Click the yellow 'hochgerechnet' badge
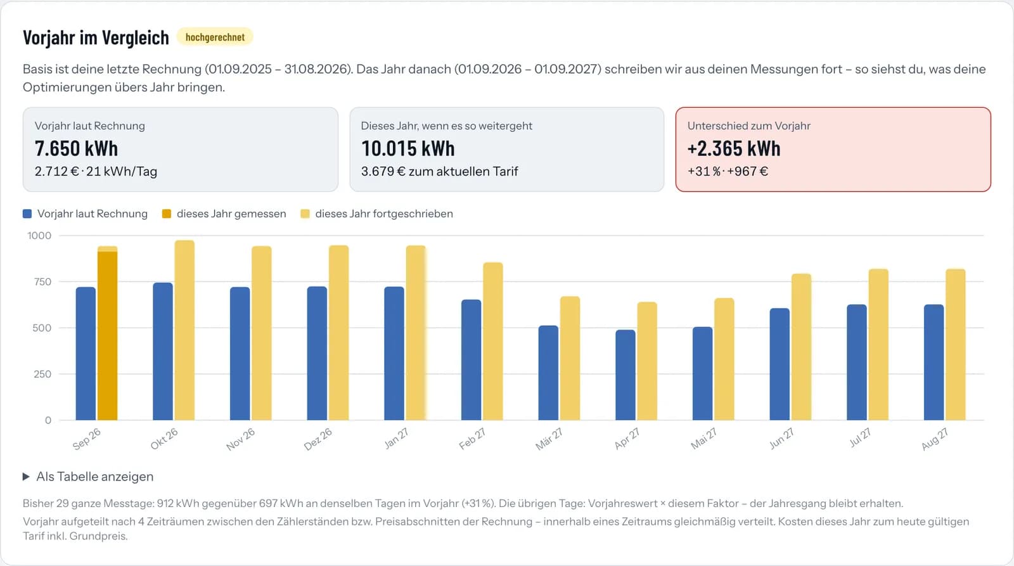click(x=215, y=37)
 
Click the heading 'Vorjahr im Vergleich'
click(x=96, y=37)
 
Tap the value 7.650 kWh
click(x=76, y=148)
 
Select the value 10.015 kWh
click(x=408, y=148)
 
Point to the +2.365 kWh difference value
click(x=734, y=148)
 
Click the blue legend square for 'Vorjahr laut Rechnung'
click(x=27, y=214)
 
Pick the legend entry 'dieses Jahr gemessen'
click(x=224, y=214)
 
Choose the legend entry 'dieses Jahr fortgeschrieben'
click(x=376, y=214)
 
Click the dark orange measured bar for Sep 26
click(x=107, y=335)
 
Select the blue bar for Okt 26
click(x=163, y=351)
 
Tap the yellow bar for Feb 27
click(x=493, y=342)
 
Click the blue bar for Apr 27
click(x=626, y=375)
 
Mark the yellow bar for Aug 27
click(x=956, y=345)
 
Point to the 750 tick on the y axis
click(x=42, y=281)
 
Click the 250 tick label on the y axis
click(x=42, y=374)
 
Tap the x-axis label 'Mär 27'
click(x=549, y=439)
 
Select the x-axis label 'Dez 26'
click(x=318, y=439)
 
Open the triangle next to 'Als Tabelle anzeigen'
click(x=26, y=477)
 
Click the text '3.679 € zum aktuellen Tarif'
click(x=440, y=172)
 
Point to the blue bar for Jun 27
click(x=780, y=364)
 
